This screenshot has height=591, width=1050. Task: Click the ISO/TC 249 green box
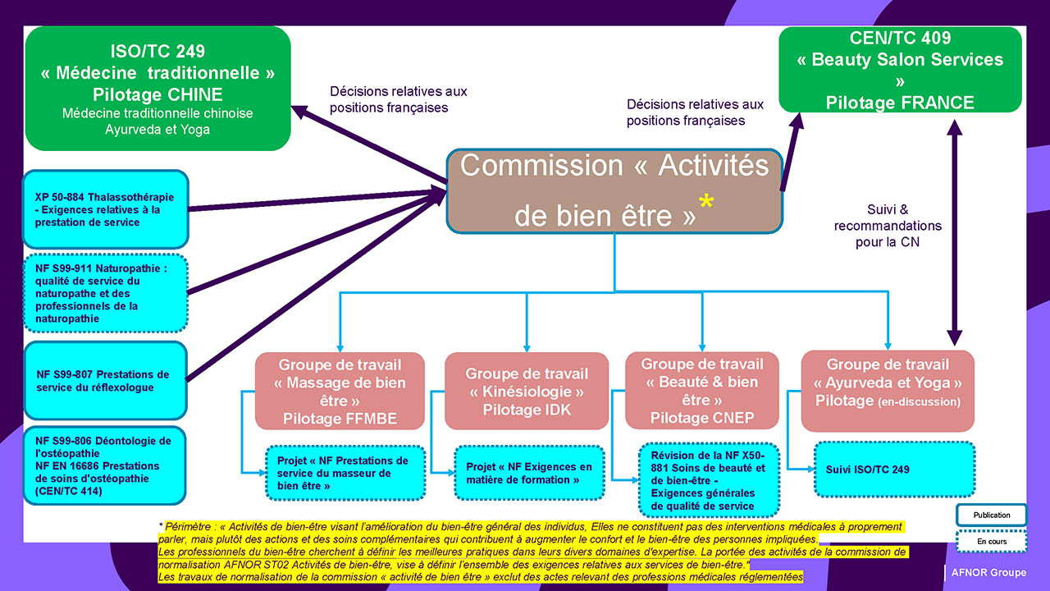tap(157, 89)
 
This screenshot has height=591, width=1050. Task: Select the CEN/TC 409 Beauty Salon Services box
tap(900, 70)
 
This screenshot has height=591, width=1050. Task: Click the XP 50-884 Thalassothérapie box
tap(105, 209)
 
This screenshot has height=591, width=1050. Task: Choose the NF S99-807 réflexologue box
tap(105, 381)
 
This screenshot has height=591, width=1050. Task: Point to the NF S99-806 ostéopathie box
tap(105, 465)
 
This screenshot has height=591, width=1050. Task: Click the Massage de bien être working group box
tap(340, 391)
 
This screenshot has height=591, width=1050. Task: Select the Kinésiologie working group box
tap(527, 391)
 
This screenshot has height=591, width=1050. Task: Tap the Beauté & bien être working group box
tap(702, 391)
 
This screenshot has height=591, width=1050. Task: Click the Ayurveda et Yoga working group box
tap(888, 391)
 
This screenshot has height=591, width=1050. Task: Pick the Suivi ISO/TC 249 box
tap(894, 470)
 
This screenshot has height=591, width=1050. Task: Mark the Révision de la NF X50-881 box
tap(708, 480)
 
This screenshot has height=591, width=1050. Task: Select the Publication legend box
tap(991, 515)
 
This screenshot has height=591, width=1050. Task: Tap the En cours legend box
tap(991, 543)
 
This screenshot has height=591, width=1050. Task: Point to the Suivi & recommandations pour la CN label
tap(888, 226)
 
